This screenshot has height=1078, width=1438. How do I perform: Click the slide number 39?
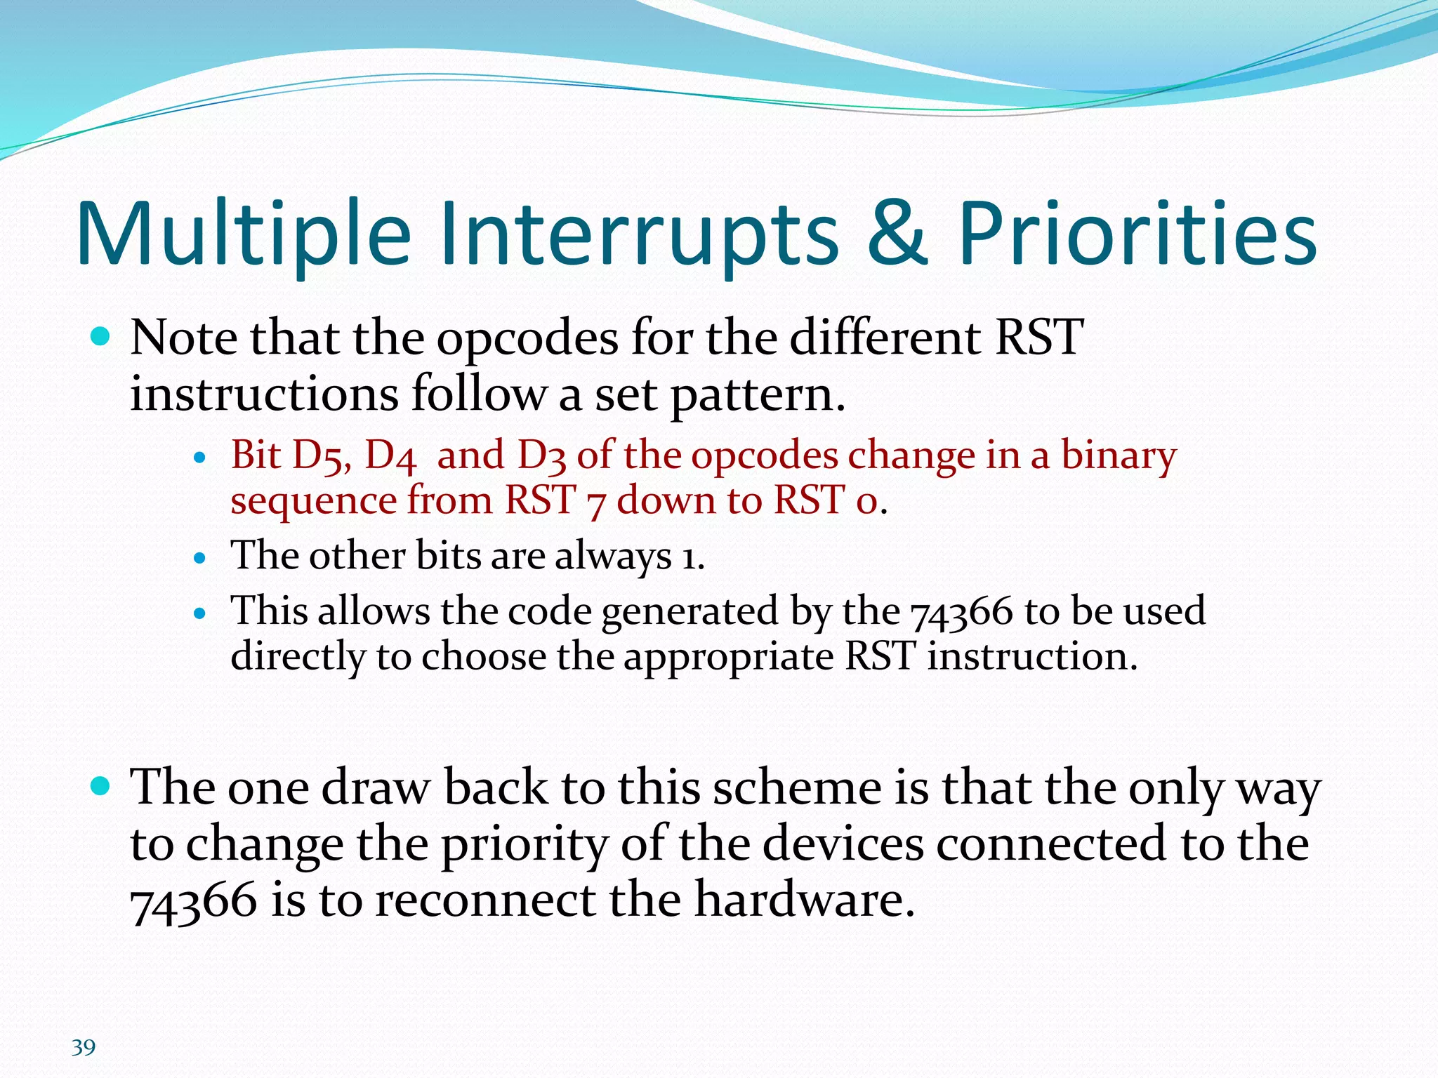84,1047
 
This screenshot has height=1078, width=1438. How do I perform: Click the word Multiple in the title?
243,234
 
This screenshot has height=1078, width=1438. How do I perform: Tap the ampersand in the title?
897,234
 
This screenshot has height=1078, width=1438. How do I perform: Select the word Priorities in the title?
1137,234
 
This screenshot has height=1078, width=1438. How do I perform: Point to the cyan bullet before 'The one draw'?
101,786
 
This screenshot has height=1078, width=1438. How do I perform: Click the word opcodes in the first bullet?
527,339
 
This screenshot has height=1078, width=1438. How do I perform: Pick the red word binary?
1118,455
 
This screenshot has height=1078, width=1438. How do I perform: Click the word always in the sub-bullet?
612,557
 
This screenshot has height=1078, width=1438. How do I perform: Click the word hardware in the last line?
804,900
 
